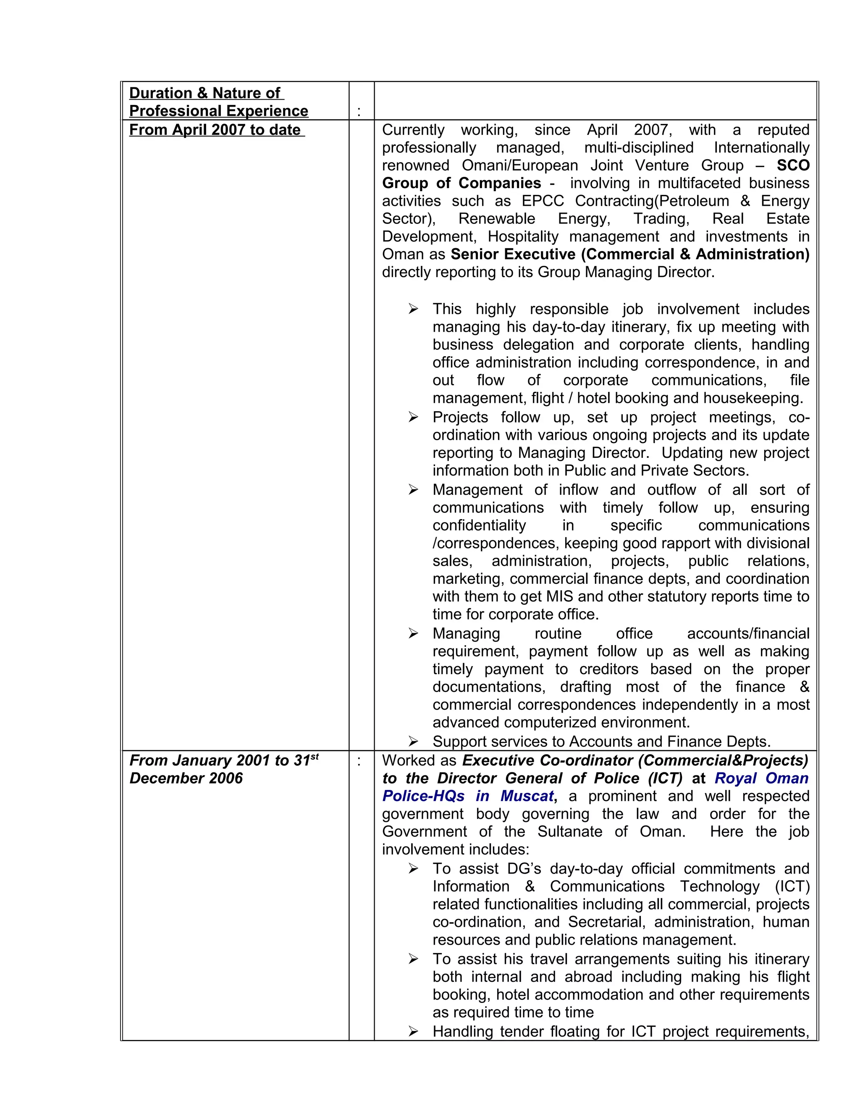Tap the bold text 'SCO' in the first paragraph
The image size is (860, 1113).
coord(793,165)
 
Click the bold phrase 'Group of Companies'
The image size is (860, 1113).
coord(461,184)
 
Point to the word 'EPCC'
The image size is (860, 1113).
coord(543,201)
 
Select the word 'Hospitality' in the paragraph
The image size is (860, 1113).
coord(523,236)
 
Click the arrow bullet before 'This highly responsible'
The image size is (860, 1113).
coord(413,310)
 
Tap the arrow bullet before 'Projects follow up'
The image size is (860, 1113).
coord(413,418)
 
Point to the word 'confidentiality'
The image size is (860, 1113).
coord(479,525)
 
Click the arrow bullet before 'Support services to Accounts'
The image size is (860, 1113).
coord(413,742)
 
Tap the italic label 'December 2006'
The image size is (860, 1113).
coord(186,778)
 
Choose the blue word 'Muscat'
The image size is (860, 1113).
coord(526,796)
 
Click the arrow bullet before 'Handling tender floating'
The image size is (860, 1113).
coord(413,1032)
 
